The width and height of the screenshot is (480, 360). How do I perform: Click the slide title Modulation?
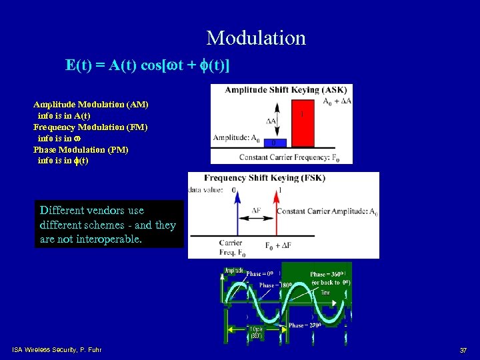pyautogui.click(x=256, y=38)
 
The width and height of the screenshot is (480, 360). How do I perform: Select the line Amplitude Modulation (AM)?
pyautogui.click(x=91, y=105)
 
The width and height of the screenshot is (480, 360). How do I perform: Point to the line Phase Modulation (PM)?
pyautogui.click(x=81, y=149)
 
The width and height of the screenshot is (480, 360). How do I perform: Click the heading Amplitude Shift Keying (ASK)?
pyautogui.click(x=281, y=90)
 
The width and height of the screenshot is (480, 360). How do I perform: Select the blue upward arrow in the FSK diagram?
pyautogui.click(x=234, y=213)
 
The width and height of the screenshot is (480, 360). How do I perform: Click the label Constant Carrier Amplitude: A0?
pyautogui.click(x=327, y=212)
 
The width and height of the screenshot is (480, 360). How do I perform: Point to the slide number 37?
pyautogui.click(x=463, y=350)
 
